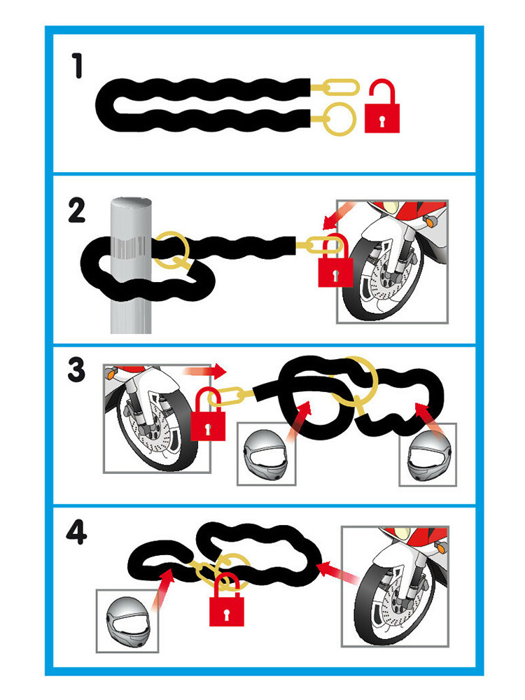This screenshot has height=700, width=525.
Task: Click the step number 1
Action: pos(78,66)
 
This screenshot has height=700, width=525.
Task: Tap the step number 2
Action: pos(76,211)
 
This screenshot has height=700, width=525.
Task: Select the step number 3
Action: pos(76,370)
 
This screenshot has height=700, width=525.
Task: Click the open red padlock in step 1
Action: pos(382,106)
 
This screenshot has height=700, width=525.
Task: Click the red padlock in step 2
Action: pos(335,260)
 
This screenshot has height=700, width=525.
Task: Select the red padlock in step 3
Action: pos(208,414)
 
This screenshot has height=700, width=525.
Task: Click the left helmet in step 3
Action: pos(266,456)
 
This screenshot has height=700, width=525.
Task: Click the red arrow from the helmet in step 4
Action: pos(162,589)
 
